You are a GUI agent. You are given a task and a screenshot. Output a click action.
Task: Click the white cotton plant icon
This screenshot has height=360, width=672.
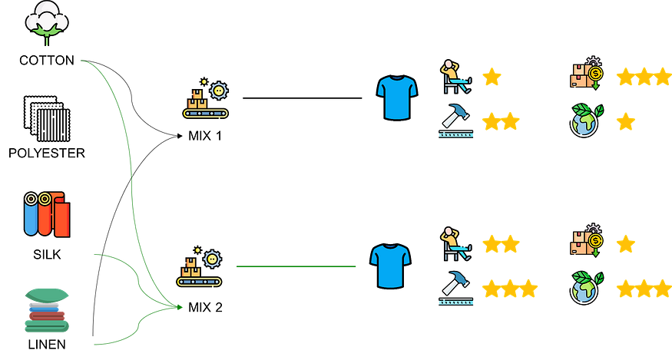coord(45,22)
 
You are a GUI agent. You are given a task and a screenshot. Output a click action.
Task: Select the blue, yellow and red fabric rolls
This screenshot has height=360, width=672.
coord(46,214)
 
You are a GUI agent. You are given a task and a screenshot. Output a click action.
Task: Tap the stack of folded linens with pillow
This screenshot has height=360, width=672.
coord(46,310)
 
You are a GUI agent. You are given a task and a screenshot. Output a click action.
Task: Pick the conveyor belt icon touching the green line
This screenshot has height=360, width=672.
coord(200,269)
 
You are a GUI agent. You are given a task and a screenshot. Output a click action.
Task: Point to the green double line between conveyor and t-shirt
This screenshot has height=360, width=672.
coord(296,267)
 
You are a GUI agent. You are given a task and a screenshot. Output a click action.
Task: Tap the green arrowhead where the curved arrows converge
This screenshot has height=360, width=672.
coord(178,307)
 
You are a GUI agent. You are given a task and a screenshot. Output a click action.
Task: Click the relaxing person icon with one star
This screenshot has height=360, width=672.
coord(455,77)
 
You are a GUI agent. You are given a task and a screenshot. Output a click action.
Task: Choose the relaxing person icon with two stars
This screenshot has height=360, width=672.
coord(455,244)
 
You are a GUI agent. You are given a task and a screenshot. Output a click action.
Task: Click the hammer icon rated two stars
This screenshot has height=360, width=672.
coord(455,121)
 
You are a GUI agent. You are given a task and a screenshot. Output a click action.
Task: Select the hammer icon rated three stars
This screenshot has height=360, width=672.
coord(455,289)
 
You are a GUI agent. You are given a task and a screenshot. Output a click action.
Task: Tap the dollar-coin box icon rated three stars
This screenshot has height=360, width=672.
coord(587,75)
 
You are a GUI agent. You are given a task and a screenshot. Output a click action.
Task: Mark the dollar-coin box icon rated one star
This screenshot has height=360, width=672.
coord(587,243)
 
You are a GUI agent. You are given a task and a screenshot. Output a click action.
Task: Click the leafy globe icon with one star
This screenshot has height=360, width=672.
coord(588,121)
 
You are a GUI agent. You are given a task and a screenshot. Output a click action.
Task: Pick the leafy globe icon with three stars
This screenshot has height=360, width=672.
coord(588,288)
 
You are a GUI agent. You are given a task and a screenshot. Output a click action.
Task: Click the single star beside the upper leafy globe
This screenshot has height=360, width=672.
coord(626,121)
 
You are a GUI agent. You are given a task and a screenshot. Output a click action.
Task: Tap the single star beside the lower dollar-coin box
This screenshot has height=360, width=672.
coord(626,245)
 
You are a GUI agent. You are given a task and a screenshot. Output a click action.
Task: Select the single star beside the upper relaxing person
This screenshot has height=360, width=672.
coord(492,77)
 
